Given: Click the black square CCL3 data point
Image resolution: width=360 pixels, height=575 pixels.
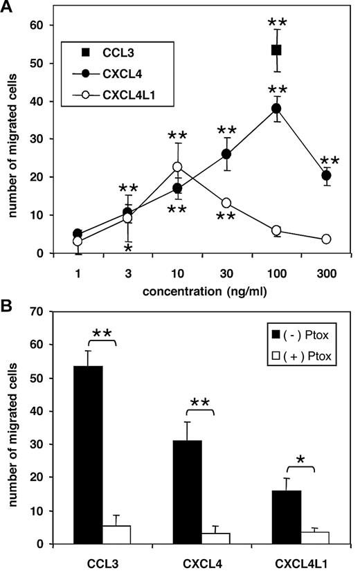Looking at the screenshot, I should pyautogui.click(x=276, y=50).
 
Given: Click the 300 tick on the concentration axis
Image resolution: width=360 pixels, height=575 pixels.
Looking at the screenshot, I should pyautogui.click(x=325, y=273).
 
